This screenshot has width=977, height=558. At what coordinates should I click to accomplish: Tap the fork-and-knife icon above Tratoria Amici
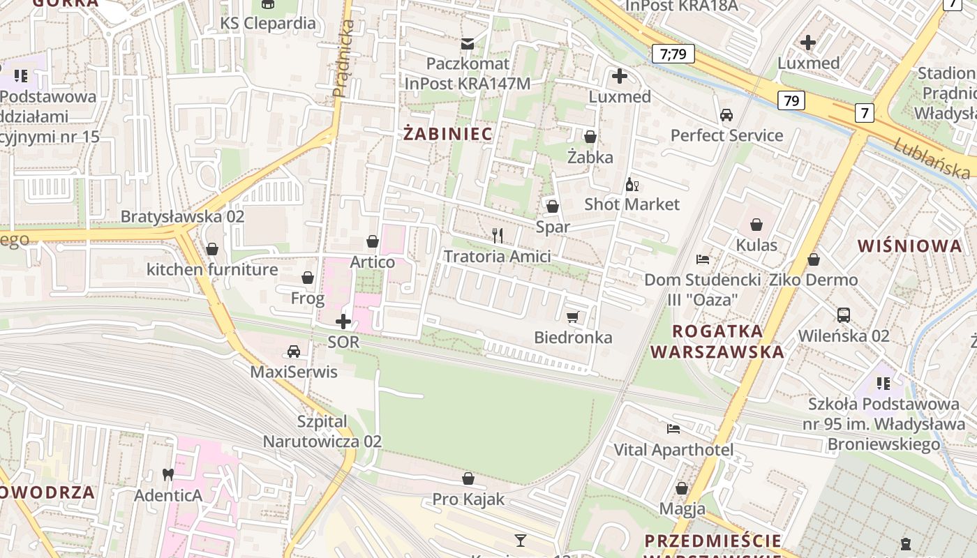point(498,236)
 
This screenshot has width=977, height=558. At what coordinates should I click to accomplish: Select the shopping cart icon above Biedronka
point(573,317)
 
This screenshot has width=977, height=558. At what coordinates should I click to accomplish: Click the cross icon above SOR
point(343,322)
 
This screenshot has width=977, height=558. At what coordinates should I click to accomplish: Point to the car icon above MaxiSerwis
point(294,351)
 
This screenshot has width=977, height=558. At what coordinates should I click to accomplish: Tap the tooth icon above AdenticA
point(167,474)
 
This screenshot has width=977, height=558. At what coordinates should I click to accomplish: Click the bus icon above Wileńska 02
point(844,315)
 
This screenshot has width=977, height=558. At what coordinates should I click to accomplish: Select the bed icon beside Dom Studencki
point(703,259)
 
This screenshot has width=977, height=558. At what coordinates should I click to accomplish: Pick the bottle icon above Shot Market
point(632,185)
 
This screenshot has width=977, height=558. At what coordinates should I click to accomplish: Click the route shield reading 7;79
point(673,54)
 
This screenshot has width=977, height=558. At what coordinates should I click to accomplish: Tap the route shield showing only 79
point(791,100)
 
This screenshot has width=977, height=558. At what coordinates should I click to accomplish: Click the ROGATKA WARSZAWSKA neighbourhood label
point(717,341)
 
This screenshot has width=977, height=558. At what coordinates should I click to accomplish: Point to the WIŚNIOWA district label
point(910,246)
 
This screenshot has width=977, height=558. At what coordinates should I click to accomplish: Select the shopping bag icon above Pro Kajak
point(468,478)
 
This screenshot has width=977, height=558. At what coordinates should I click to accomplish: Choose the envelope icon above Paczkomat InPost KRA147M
point(467,44)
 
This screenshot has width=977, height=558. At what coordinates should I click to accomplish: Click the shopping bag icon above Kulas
point(756,224)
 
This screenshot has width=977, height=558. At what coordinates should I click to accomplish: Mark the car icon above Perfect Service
point(726,114)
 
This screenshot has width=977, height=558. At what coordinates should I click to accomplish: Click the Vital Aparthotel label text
point(673,450)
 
